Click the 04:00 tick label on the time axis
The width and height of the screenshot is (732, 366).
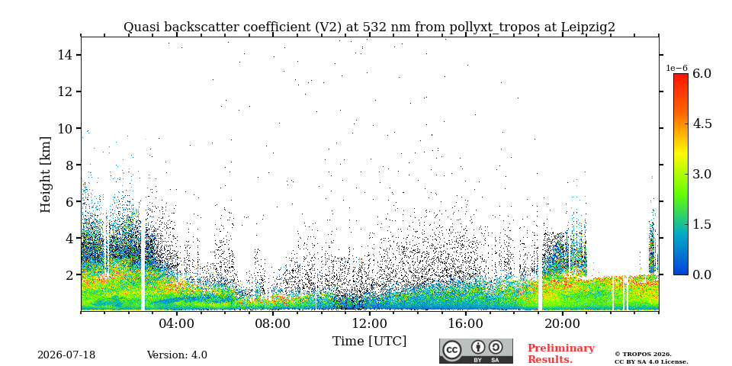177,324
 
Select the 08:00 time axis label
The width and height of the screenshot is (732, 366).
273,324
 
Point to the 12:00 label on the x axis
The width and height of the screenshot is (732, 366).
369,324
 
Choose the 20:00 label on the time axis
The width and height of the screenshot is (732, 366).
562,324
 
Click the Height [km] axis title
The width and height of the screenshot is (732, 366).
45,175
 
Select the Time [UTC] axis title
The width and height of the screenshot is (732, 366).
369,342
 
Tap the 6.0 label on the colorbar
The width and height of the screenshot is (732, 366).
701,74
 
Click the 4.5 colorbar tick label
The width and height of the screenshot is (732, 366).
701,124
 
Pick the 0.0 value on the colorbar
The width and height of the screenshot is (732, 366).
701,275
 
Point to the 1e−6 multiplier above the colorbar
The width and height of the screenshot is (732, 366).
676,68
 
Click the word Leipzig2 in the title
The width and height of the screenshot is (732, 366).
588,27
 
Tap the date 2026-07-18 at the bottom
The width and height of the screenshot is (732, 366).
66,355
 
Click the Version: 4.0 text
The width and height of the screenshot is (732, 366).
177,355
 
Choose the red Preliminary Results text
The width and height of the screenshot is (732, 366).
561,354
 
